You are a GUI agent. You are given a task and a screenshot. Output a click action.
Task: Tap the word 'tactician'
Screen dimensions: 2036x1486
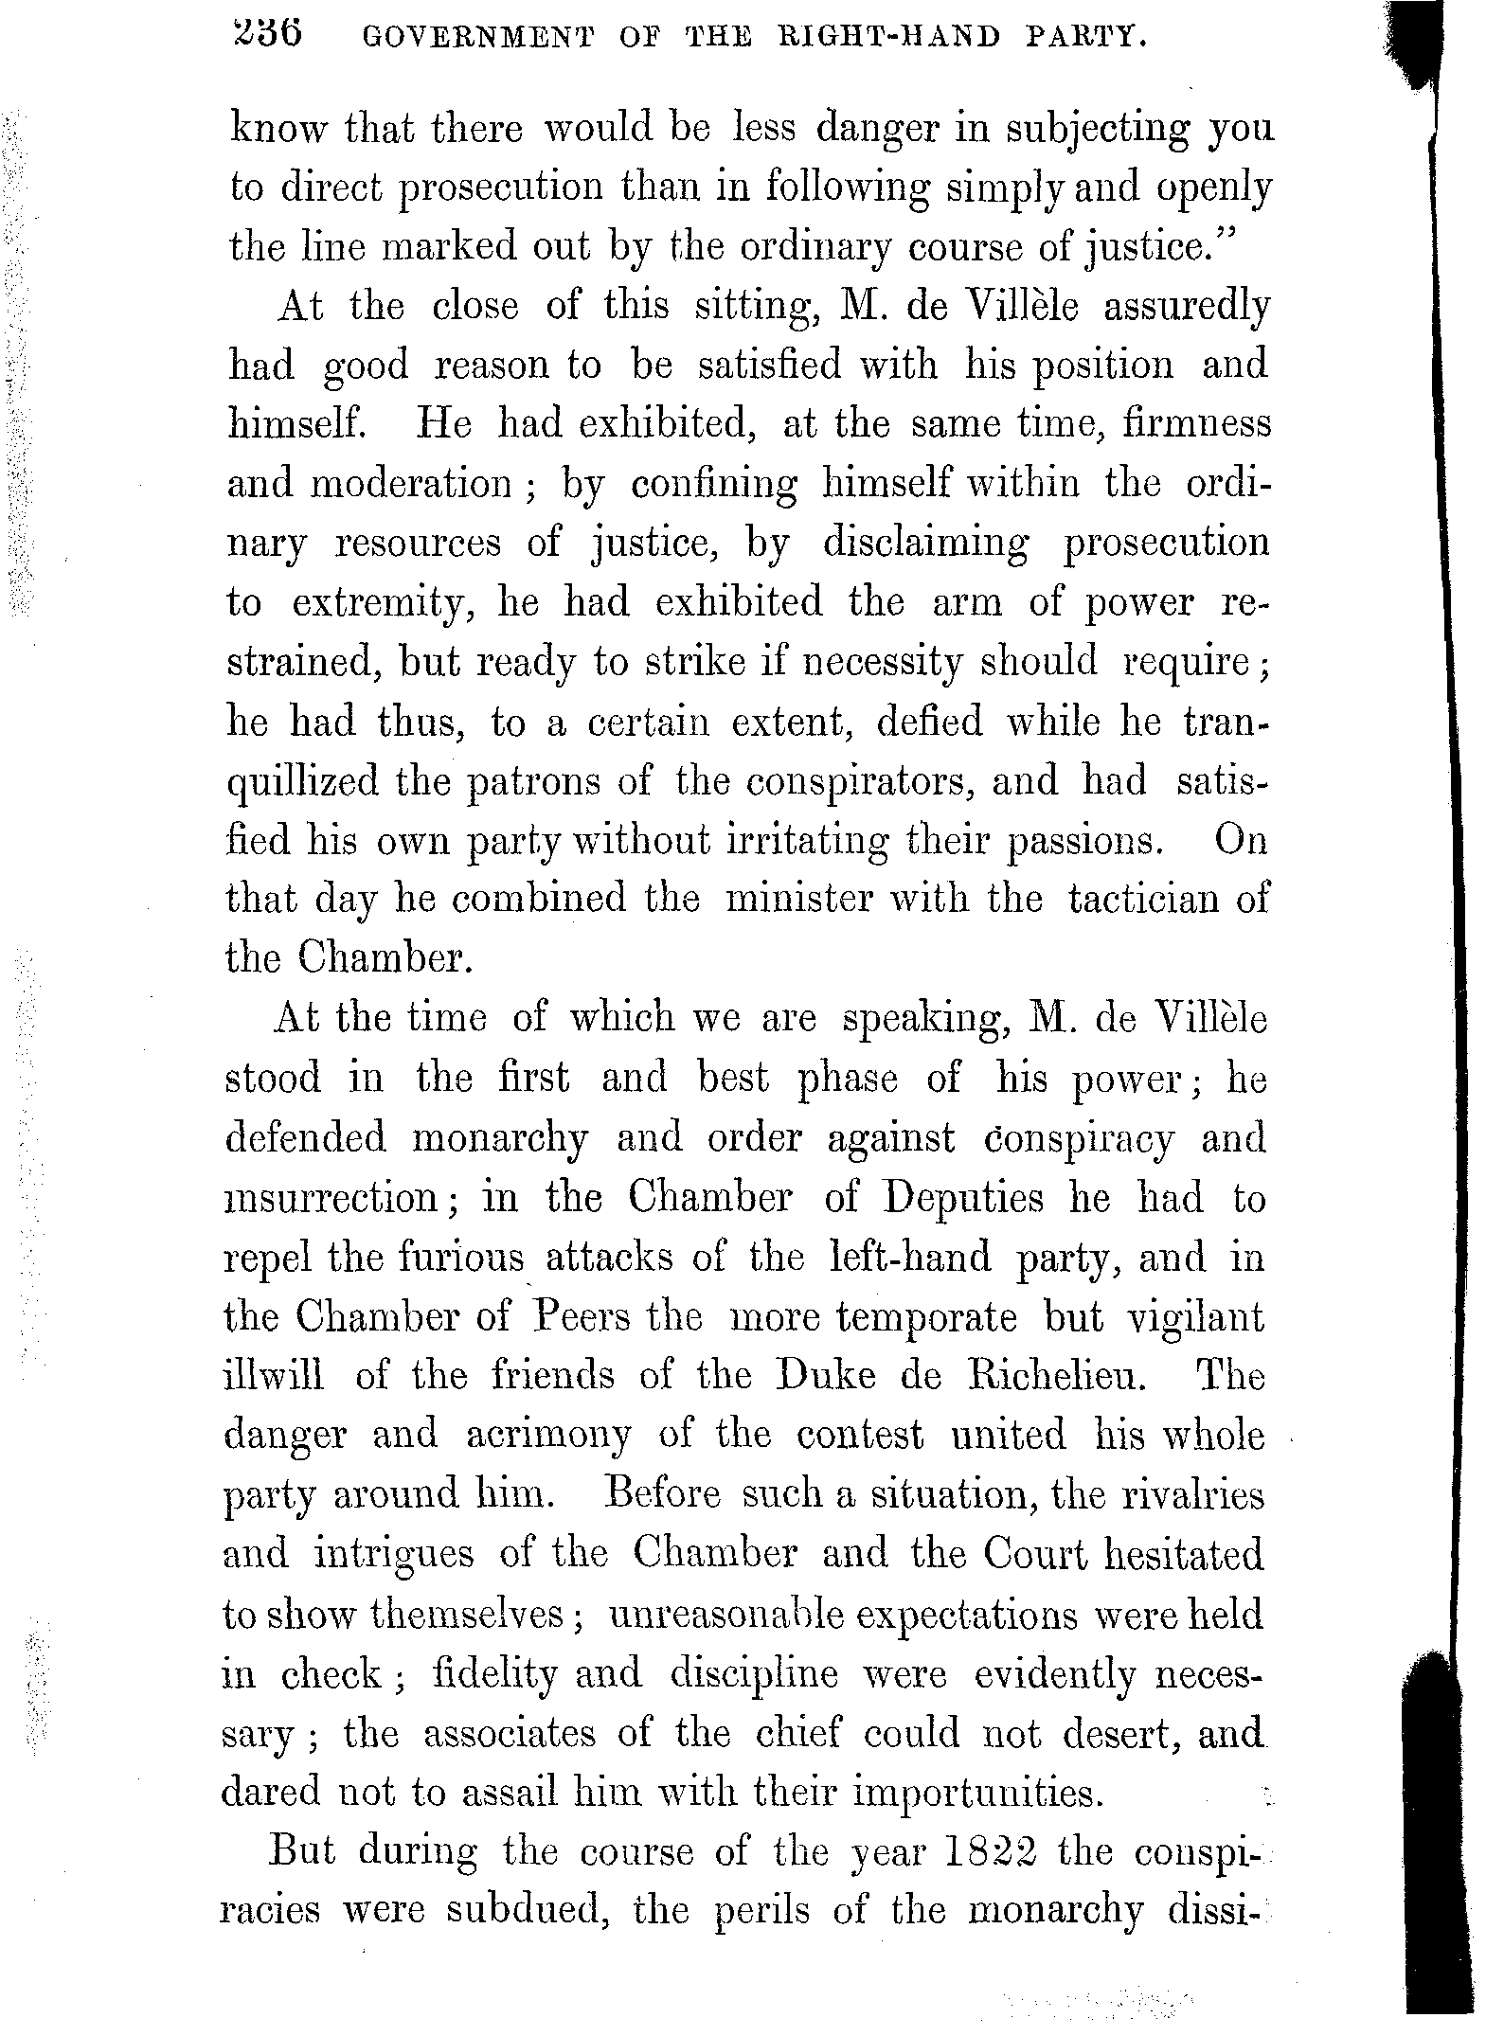1144,898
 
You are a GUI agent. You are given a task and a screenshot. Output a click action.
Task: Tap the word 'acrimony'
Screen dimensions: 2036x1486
547,1436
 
